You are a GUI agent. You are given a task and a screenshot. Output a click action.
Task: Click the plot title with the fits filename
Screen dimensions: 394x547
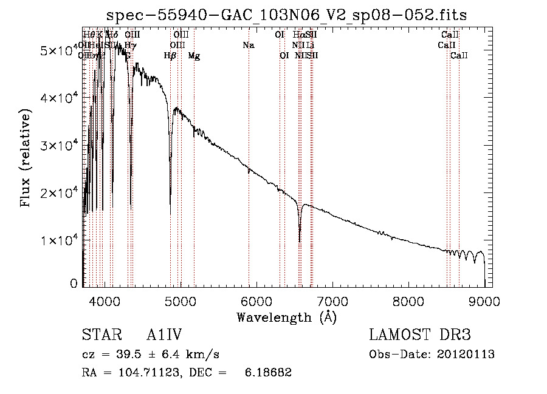tap(286, 15)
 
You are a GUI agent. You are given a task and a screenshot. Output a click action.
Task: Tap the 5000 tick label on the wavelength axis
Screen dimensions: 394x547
tap(180, 301)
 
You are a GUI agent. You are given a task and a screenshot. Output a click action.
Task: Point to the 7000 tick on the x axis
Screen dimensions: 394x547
tap(332, 301)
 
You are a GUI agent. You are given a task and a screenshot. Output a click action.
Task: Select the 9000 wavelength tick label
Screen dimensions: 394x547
tap(484, 301)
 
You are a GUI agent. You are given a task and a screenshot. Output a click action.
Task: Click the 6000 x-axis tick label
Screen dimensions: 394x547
tap(256, 301)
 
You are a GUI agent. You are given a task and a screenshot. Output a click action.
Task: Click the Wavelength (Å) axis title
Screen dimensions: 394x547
tap(286, 317)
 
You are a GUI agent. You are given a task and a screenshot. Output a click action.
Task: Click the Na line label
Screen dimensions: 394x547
tap(248, 46)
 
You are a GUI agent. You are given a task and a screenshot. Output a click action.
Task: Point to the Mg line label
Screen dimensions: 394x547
tap(194, 56)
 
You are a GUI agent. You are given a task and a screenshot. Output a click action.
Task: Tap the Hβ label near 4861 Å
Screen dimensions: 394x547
tap(170, 56)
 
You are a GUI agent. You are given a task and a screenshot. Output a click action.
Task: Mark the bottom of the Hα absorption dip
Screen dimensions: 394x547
tap(300, 241)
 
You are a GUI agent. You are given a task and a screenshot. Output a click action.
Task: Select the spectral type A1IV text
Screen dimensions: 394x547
tap(165, 335)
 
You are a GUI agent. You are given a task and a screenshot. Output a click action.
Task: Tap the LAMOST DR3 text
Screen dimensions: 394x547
tap(420, 335)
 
